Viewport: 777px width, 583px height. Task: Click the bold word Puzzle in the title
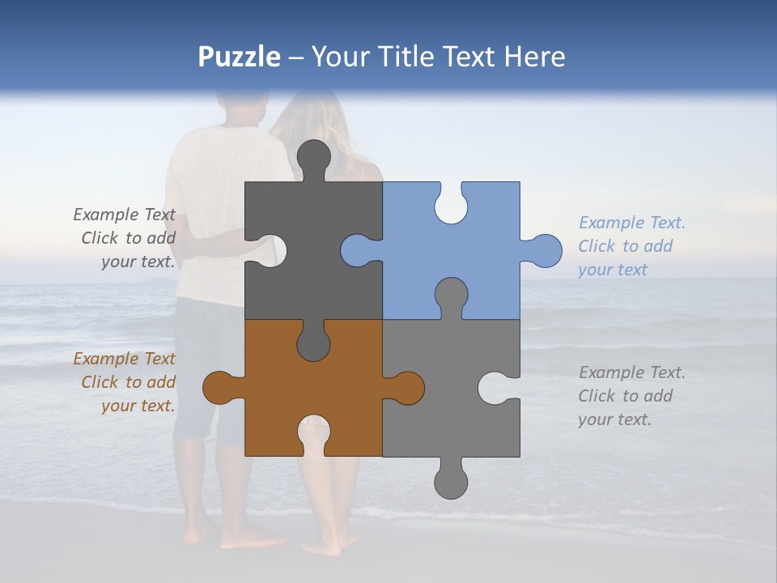(240, 57)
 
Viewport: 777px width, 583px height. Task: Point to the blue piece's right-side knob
(545, 251)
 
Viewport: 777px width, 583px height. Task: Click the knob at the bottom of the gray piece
(451, 482)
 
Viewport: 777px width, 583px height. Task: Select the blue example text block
(631, 246)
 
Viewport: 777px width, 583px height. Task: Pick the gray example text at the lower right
(631, 396)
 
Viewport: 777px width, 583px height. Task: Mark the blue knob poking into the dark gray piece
(356, 251)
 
